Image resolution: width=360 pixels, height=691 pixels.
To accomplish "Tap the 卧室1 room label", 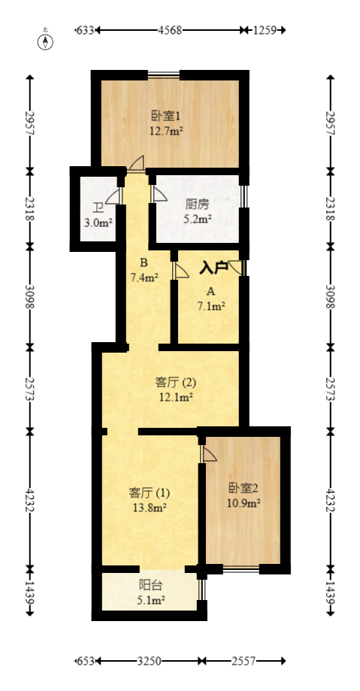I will coord(166,116).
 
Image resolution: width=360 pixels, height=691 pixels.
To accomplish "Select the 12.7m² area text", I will coord(166,129).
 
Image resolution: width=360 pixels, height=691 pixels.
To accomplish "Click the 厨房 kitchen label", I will coord(197,204).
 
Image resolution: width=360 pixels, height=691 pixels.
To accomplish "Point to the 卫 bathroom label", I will coord(98,208).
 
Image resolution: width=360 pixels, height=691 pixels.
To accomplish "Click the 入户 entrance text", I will coord(213,267).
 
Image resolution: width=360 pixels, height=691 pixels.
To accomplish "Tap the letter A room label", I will coord(210,291).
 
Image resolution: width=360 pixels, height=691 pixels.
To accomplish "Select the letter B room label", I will coord(143,263).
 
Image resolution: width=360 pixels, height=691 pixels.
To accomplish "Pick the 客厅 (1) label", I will coord(150,493).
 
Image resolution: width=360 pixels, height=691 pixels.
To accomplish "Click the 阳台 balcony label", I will coord(151,585).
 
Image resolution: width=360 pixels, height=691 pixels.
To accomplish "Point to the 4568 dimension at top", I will coord(171,30).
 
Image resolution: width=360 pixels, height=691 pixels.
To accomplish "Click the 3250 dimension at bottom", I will coord(150,661).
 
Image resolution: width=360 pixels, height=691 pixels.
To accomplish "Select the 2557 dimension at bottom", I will coord(244,661).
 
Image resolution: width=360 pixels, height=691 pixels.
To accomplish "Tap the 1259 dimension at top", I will coord(265,30).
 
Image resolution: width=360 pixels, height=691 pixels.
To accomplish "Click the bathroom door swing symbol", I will coord(113,196).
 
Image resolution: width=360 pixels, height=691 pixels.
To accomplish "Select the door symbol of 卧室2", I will coord(208,453).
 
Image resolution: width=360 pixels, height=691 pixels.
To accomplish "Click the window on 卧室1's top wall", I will coord(163,74).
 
